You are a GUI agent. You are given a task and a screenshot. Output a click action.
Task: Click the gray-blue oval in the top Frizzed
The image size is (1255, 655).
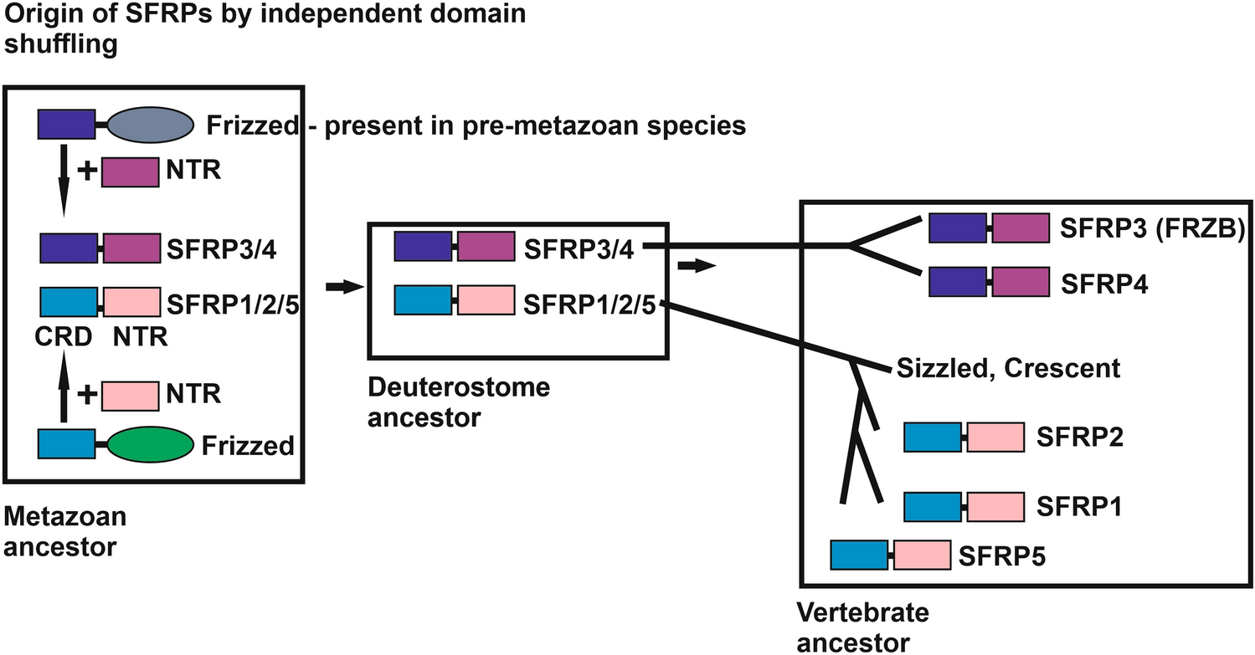tap(152, 125)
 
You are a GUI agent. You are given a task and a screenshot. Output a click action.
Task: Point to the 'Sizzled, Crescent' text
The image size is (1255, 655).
tap(1007, 367)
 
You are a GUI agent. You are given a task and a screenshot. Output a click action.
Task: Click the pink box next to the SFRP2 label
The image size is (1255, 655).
tap(995, 438)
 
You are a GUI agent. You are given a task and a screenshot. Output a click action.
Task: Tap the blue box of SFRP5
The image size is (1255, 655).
tap(859, 554)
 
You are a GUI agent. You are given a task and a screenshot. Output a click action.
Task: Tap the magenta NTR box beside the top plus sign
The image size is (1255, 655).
tap(130, 173)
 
